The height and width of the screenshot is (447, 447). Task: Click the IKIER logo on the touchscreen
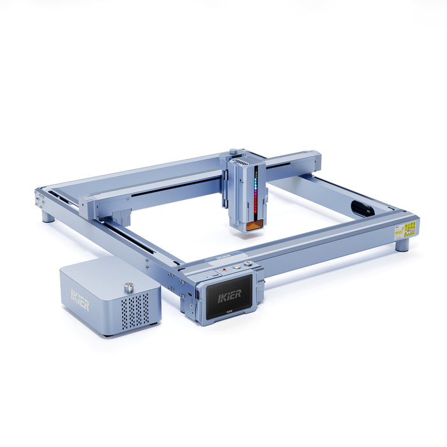(229, 295)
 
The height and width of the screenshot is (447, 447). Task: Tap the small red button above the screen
(223, 269)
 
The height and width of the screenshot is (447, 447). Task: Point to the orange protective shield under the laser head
(254, 224)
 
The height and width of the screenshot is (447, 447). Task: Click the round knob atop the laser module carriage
(234, 151)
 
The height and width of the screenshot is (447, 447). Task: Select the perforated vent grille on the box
(135, 310)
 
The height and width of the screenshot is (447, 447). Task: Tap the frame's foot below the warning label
(402, 245)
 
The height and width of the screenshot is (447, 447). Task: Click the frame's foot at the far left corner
(49, 216)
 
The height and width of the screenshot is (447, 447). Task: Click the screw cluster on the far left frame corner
(40, 199)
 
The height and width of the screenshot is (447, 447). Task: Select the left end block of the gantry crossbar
(89, 208)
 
